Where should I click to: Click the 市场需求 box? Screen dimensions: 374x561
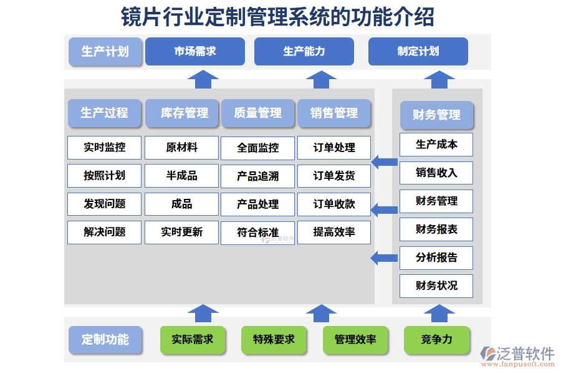click(x=194, y=51)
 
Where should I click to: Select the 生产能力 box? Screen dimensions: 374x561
click(x=304, y=51)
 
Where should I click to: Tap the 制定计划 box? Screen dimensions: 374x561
click(x=418, y=51)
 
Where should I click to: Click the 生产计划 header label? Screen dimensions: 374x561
click(x=105, y=51)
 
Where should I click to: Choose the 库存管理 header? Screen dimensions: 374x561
click(x=182, y=113)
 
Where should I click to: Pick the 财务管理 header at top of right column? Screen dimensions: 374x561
click(x=436, y=115)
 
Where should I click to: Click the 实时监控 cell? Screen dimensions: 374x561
click(x=105, y=148)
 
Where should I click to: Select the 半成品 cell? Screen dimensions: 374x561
click(x=181, y=176)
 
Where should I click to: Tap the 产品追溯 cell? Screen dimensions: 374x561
click(x=258, y=176)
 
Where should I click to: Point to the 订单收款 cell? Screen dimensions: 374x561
click(x=334, y=204)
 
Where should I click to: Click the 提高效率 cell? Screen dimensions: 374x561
click(x=334, y=232)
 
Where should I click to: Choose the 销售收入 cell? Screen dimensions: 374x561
click(x=436, y=173)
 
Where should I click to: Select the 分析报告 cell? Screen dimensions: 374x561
click(x=436, y=257)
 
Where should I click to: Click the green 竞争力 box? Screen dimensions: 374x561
click(x=436, y=340)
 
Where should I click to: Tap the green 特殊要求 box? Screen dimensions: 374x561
click(x=274, y=340)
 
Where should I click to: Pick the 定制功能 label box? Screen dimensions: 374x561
click(x=105, y=340)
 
